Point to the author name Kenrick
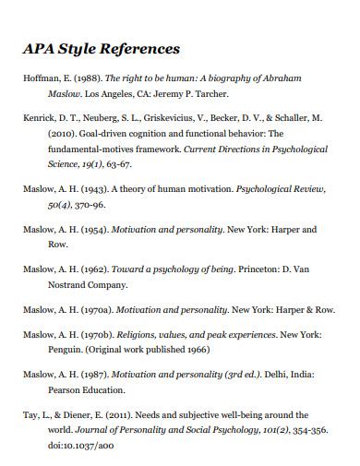(38, 119)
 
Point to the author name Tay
(30, 415)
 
